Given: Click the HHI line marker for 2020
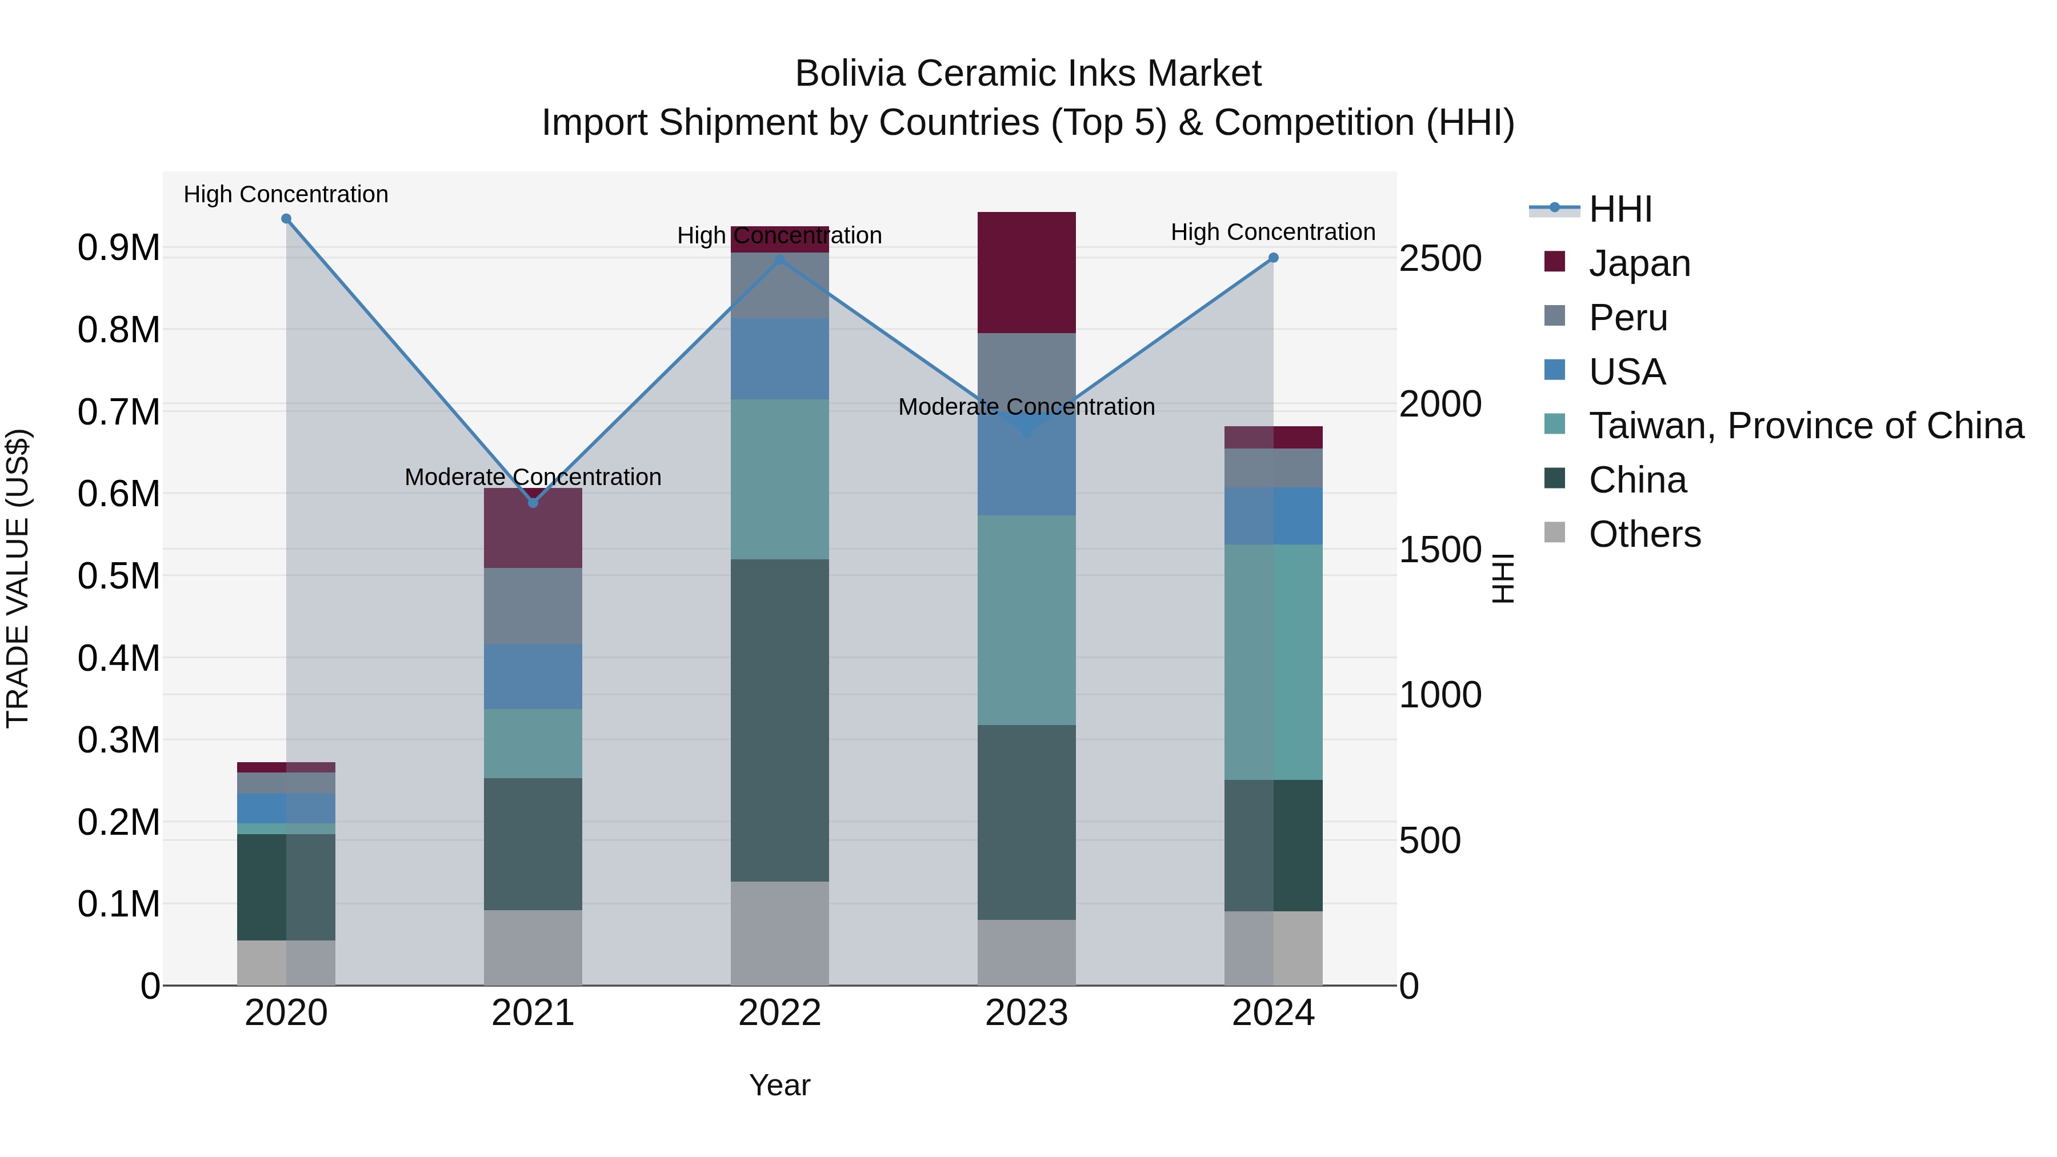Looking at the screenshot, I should click(286, 219).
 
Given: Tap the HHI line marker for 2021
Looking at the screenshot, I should click(534, 503).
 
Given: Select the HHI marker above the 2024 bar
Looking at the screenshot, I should click(1274, 258).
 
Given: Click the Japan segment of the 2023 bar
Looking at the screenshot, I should click(1026, 273).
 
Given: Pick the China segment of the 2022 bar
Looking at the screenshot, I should click(779, 720).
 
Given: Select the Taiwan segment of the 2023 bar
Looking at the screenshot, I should click(1026, 620).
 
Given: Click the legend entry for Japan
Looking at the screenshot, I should click(1639, 263).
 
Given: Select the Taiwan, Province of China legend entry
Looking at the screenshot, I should click(1804, 426).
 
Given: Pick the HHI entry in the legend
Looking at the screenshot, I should click(1619, 209).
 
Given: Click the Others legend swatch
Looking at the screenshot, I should click(1555, 533).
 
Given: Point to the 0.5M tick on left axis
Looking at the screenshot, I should click(118, 577).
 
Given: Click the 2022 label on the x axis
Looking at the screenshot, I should click(779, 1013).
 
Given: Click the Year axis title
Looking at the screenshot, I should click(779, 1085).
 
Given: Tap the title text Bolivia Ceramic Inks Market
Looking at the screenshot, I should click(1028, 74).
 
